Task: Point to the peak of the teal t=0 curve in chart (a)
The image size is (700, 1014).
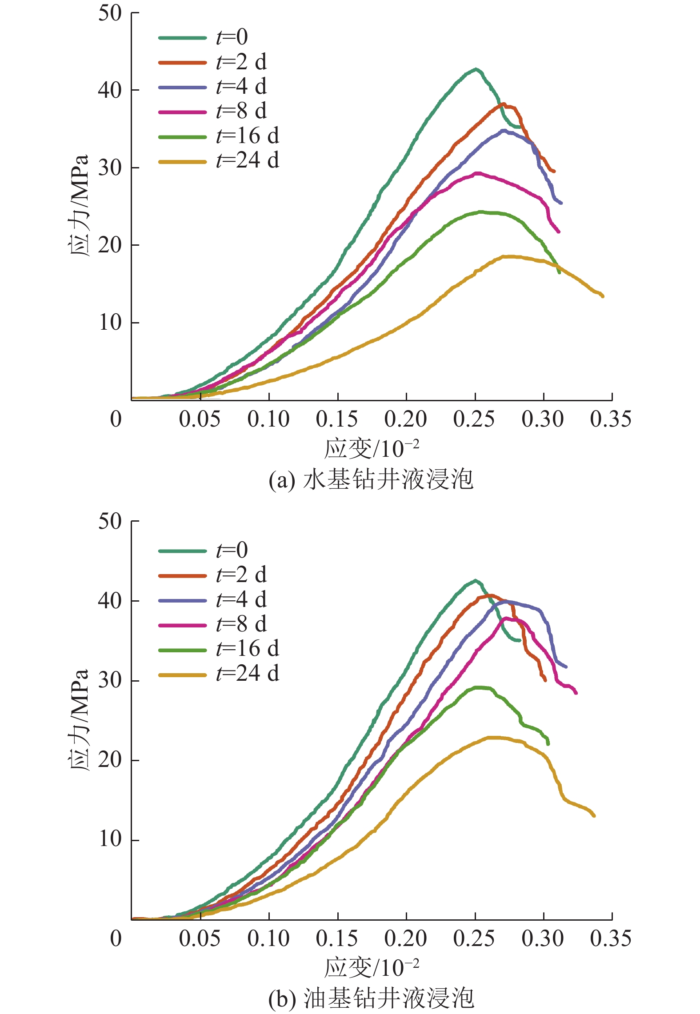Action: (476, 69)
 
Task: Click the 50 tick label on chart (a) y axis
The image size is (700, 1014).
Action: (110, 13)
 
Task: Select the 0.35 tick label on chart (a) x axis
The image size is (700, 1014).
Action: (611, 419)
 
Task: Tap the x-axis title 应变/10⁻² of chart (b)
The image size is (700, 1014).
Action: (372, 967)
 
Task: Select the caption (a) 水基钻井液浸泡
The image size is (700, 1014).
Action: (371, 480)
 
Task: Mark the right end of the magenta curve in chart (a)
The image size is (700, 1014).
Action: (559, 232)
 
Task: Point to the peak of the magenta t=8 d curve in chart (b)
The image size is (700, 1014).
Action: (505, 618)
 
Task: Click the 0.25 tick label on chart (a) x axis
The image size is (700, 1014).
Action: (474, 419)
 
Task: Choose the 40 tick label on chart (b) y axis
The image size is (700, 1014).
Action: (110, 600)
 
